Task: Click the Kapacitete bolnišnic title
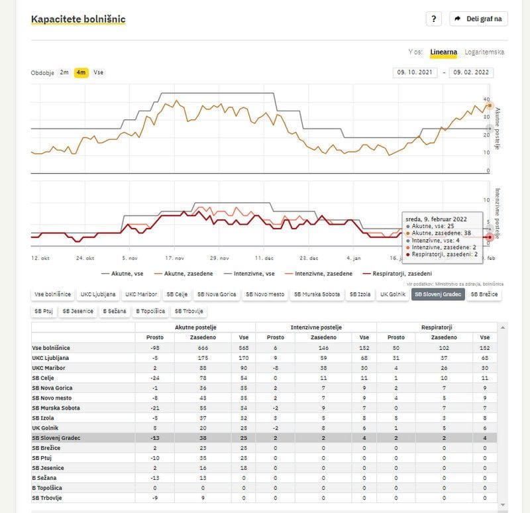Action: point(78,19)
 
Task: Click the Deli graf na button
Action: point(478,19)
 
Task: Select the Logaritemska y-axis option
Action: point(484,52)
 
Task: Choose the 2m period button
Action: point(64,72)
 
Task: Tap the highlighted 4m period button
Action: point(81,72)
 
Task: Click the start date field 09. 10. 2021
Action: point(415,73)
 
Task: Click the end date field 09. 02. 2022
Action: point(470,73)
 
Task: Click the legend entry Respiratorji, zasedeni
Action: point(397,272)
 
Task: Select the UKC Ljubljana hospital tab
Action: point(98,294)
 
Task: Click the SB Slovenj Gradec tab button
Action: point(438,294)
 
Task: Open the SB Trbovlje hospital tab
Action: point(189,310)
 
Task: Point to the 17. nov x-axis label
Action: point(174,258)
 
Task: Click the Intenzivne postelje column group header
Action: point(316,327)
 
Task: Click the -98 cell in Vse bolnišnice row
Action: point(154,347)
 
